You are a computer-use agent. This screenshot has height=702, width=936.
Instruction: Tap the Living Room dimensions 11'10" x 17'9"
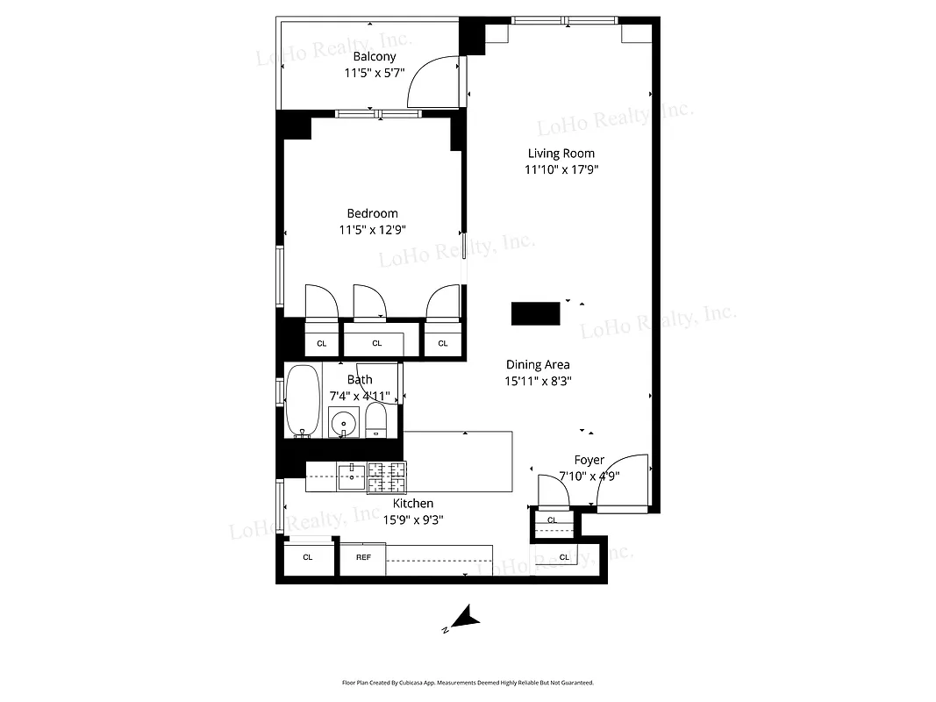tap(561, 170)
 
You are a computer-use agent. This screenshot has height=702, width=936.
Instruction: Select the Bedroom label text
tap(372, 213)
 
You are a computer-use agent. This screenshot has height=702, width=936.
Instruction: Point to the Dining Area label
tap(538, 365)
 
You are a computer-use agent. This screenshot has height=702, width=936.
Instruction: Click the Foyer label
tap(589, 460)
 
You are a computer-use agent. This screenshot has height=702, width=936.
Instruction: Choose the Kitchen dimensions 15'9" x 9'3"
tap(411, 519)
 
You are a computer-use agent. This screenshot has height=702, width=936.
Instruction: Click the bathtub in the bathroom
tap(304, 400)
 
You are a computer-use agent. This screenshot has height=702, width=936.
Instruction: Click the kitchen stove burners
tap(387, 476)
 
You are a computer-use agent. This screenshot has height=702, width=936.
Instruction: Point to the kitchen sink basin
tap(352, 477)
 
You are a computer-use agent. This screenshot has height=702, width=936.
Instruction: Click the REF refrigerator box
tap(363, 557)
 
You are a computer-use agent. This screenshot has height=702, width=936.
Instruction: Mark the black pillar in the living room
tap(536, 313)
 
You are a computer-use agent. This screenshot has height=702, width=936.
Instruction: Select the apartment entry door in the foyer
tap(623, 482)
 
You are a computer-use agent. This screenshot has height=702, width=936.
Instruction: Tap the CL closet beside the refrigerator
tap(308, 557)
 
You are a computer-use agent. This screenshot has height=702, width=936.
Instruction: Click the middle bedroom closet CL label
tap(377, 343)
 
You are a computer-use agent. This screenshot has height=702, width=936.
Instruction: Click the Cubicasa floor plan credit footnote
tap(468, 682)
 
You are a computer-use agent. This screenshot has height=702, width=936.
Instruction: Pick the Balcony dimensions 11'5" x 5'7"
tap(375, 74)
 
